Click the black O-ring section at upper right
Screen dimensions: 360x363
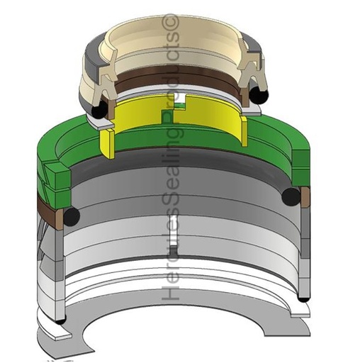click(259, 95)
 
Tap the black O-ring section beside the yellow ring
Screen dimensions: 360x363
click(100, 111)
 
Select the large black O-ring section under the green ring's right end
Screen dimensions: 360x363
click(291, 197)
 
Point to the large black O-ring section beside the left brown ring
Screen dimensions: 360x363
click(72, 216)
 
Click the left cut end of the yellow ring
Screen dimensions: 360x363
click(107, 143)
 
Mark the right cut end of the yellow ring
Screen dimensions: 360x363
click(244, 130)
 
